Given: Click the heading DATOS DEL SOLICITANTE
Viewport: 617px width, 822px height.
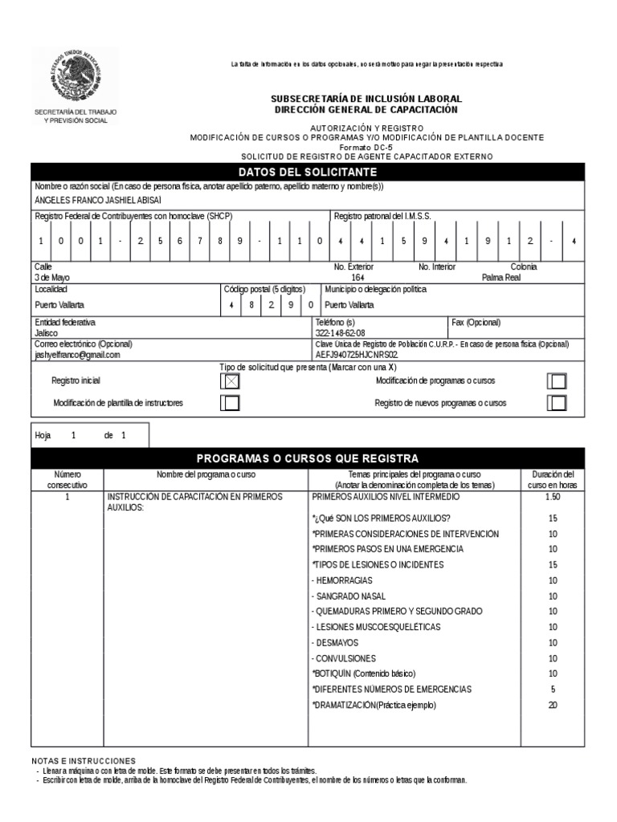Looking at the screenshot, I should (308, 173).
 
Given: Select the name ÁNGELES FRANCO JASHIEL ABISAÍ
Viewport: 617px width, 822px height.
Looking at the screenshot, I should (99, 199).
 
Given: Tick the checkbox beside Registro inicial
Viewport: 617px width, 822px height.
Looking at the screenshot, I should (231, 381).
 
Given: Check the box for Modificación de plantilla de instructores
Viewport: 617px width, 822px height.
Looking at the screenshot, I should (231, 403).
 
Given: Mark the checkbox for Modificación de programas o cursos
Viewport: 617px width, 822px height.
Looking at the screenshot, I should (557, 381).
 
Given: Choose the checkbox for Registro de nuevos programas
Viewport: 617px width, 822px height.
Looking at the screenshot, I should (557, 403).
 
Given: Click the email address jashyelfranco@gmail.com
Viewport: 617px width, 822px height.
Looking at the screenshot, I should (77, 354).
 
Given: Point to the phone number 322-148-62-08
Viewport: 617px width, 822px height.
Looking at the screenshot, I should (340, 332).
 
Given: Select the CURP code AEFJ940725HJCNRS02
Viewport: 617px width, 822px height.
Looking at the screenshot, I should (357, 354).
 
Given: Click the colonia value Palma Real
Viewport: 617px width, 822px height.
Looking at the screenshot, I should (501, 277).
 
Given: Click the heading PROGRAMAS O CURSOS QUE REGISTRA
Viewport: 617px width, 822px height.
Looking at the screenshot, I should (308, 458).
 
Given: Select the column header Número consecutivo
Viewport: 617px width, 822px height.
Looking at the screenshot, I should (67, 480).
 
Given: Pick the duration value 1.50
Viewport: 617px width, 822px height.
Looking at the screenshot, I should (552, 498).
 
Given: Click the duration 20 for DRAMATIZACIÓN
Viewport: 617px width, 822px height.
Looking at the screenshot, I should (552, 705).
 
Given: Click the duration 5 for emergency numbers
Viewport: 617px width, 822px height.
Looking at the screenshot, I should (552, 690).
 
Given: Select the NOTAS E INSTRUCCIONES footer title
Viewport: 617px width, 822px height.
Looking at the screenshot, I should (84, 760).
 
